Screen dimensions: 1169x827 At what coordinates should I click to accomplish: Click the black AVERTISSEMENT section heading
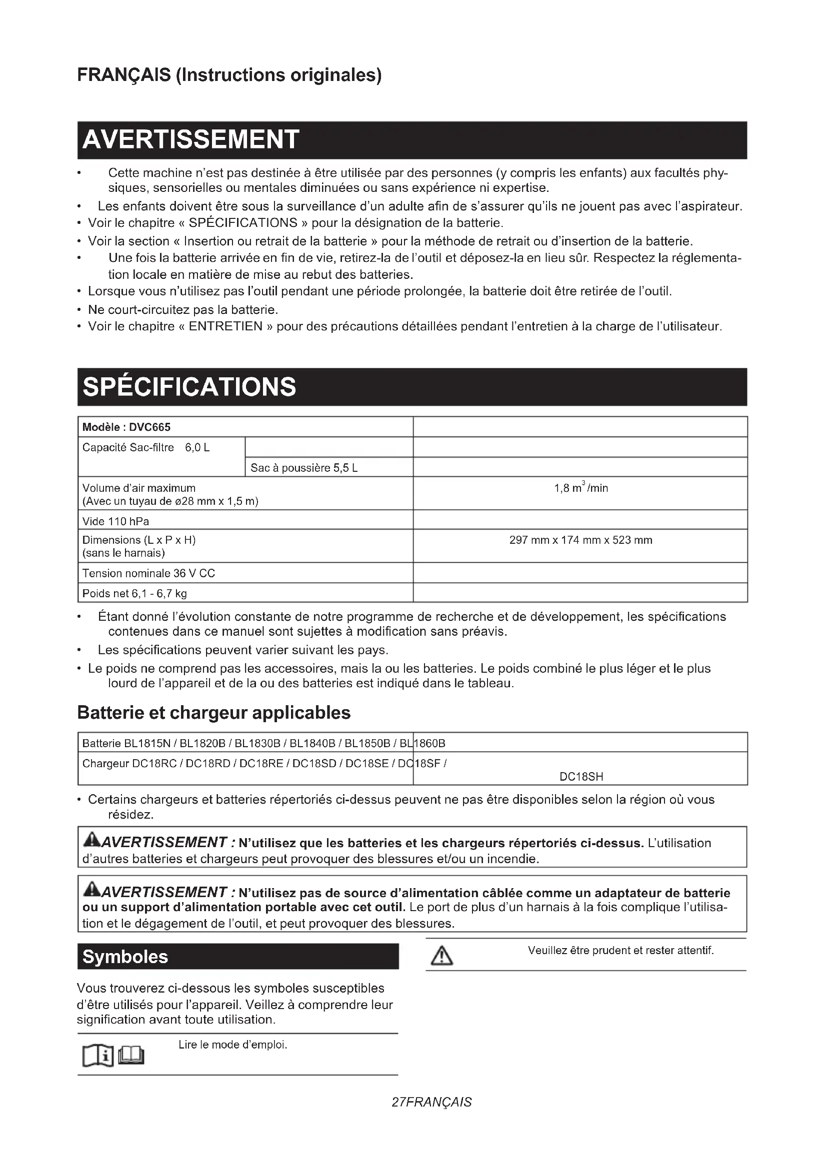tap(190, 140)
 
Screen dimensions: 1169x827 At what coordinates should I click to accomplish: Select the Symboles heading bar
tap(125, 957)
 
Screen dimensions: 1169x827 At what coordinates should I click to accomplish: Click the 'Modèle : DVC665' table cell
tap(127, 427)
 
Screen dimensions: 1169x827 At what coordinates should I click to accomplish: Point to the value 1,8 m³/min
tap(580, 488)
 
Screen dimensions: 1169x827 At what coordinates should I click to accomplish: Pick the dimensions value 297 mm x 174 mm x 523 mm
tap(580, 540)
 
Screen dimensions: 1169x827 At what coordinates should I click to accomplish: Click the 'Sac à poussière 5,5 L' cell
tap(304, 468)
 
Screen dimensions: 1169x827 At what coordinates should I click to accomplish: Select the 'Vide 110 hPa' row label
tap(116, 521)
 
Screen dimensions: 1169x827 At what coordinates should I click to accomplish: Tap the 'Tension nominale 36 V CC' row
tap(148, 573)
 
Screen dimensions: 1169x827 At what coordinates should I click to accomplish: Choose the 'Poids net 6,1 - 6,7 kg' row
tap(135, 594)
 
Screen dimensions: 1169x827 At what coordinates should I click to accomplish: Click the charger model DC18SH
tap(581, 777)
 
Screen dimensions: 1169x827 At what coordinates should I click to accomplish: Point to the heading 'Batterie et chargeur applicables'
tap(214, 713)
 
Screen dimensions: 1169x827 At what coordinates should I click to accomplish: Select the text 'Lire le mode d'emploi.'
tap(232, 1045)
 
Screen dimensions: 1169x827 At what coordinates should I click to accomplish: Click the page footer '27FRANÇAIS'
tap(432, 1103)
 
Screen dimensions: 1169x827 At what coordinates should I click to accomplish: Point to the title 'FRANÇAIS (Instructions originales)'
tap(229, 75)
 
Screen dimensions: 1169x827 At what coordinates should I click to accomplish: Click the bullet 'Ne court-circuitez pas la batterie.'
tap(183, 309)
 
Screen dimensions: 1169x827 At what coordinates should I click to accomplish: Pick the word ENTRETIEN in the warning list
tap(225, 326)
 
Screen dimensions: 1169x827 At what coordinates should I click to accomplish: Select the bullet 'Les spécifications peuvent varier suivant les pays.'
tap(243, 650)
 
